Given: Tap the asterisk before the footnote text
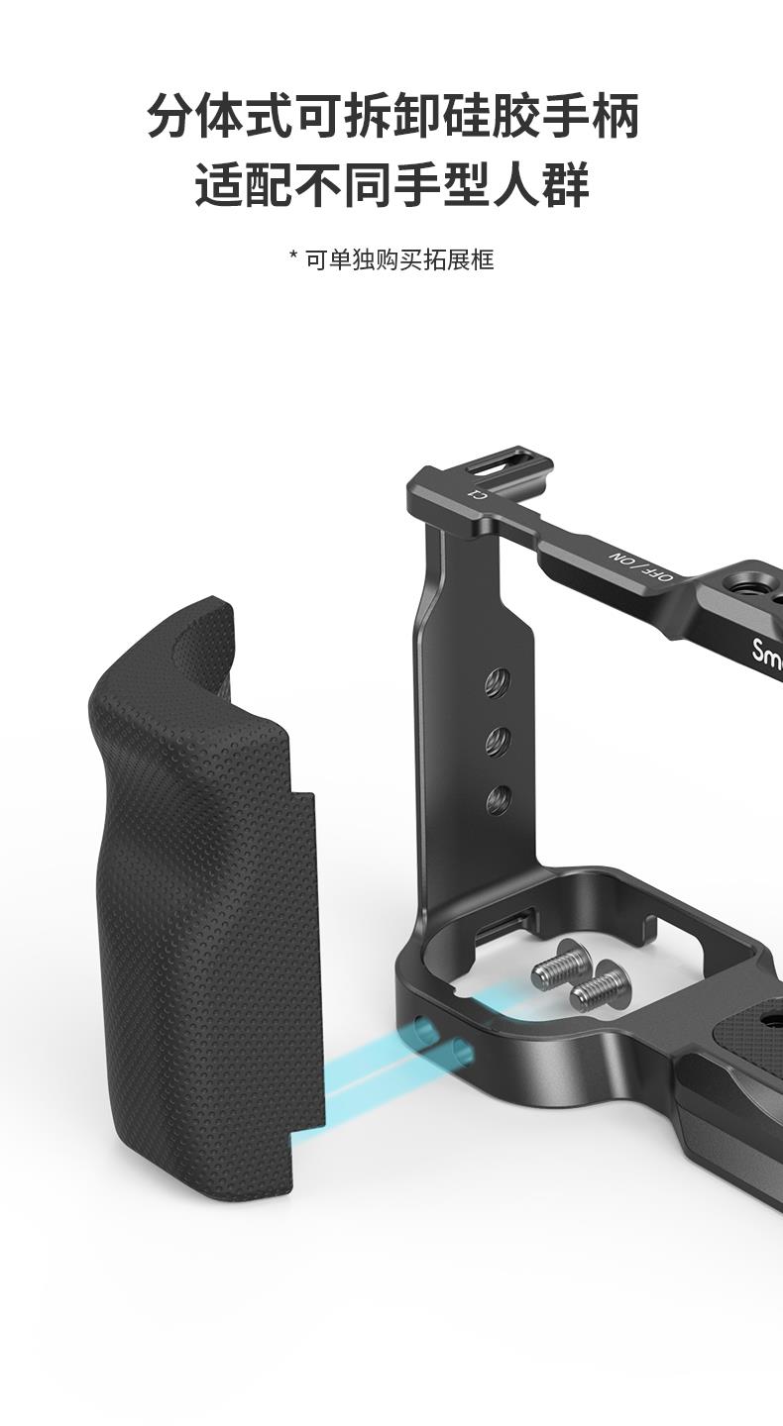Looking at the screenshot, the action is tap(293, 255).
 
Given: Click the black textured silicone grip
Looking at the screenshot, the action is tap(204, 900).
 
